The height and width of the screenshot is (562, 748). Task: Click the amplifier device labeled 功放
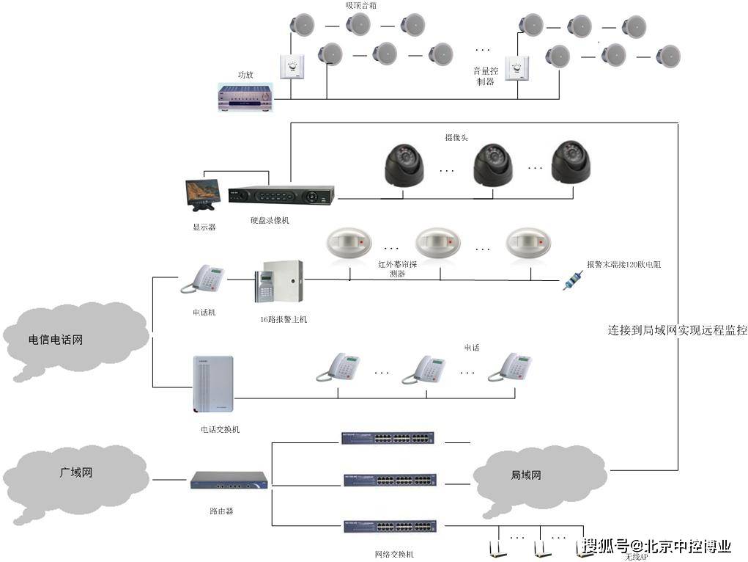[x=245, y=97]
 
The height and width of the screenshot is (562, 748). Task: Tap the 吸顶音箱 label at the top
[x=361, y=5]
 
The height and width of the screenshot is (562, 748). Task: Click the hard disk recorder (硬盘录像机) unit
[x=281, y=196]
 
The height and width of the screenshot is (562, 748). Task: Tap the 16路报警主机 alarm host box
[x=279, y=282]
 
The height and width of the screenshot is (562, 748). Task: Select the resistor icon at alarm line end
[x=572, y=281]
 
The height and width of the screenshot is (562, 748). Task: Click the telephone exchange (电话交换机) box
[x=213, y=385]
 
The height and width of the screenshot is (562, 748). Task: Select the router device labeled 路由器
[x=229, y=481]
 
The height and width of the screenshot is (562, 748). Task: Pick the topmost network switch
[x=388, y=438]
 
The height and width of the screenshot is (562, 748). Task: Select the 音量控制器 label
[x=485, y=76]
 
